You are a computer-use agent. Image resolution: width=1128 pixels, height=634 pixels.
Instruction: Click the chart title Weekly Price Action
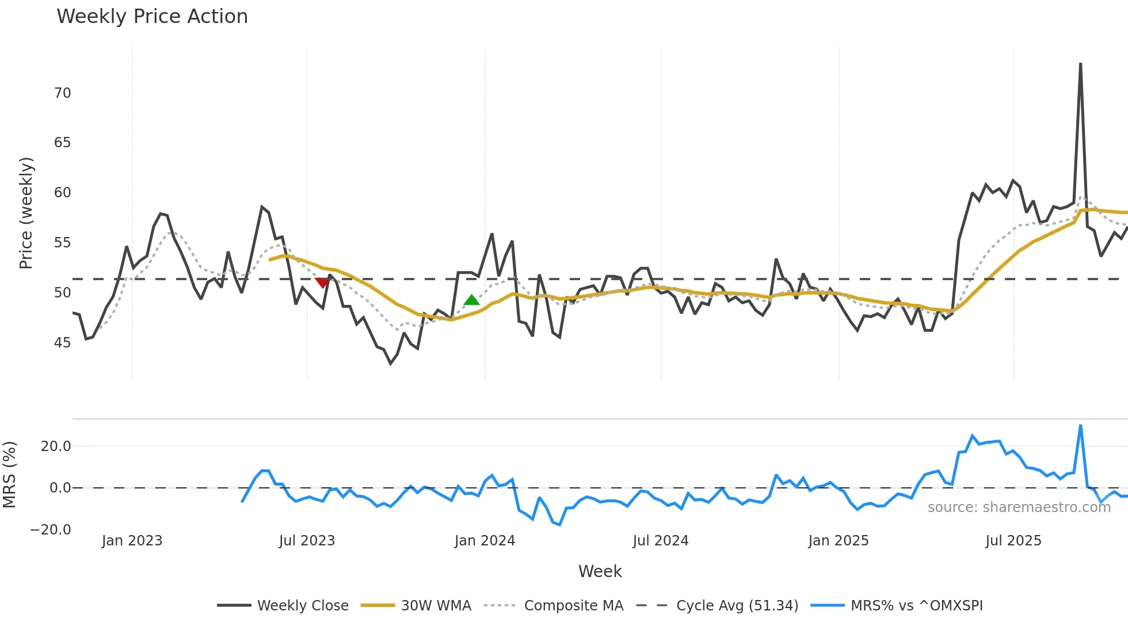[152, 17]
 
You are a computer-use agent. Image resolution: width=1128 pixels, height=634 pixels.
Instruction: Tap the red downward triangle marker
[322, 282]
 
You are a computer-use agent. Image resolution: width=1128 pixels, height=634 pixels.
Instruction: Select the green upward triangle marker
[471, 300]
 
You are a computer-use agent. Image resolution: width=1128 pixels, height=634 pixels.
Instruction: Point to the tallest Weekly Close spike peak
[1080, 64]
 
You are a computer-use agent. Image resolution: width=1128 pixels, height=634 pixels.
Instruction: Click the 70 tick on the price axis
[62, 93]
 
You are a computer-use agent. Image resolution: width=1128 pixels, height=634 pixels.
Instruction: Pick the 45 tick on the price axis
[62, 343]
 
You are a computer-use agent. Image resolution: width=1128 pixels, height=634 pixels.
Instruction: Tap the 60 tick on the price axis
[62, 193]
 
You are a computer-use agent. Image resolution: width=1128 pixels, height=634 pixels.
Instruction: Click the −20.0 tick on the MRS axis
[51, 530]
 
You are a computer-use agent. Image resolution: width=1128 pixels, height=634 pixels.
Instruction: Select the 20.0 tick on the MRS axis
[56, 446]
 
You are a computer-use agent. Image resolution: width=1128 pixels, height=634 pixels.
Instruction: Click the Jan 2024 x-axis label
[485, 541]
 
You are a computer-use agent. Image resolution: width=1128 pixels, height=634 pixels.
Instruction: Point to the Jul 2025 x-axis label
[1013, 541]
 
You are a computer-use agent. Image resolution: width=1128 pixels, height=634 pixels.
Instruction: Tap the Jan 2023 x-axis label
[132, 541]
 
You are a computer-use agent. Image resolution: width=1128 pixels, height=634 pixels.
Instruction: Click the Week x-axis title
[600, 571]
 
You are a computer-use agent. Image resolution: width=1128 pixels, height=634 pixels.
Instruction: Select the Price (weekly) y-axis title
[26, 213]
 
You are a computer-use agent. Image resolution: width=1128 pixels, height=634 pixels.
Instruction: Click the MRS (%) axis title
[9, 475]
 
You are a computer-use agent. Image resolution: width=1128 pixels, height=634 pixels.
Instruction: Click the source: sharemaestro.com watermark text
[1019, 507]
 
